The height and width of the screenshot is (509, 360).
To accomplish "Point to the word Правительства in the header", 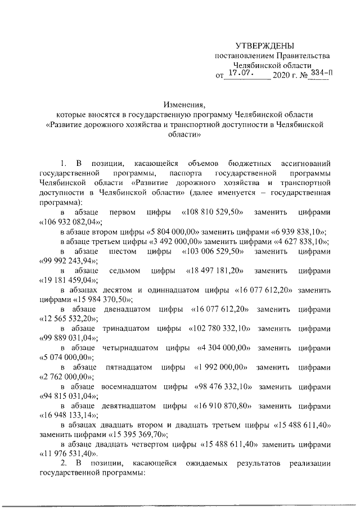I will pos(299,56).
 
